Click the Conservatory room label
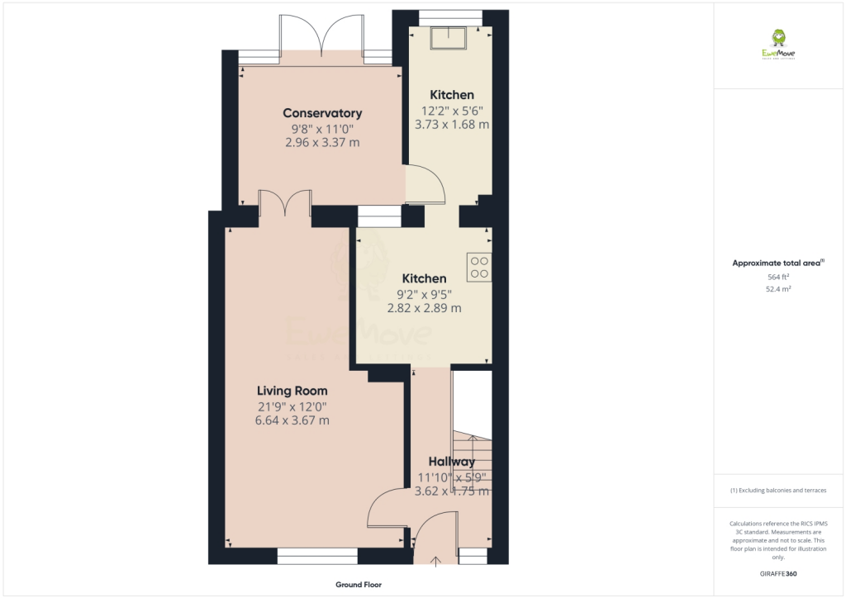322,113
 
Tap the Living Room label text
292,391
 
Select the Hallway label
452,462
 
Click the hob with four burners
479,267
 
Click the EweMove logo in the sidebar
777,44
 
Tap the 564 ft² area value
778,278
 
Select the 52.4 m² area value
778,290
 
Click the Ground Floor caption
359,585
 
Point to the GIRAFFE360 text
778,573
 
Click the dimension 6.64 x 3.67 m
292,420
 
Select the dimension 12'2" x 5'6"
452,110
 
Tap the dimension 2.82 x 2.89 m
424,308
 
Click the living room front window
317,556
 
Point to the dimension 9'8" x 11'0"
322,128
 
